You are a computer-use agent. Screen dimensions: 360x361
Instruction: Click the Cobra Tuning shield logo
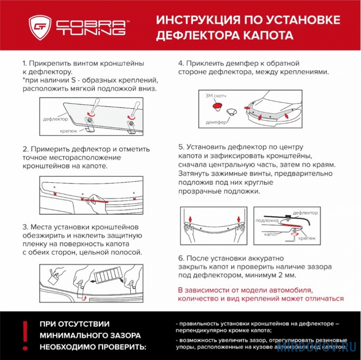[x=40, y=27]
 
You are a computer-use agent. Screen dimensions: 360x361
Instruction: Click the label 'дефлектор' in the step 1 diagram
[x=55, y=119]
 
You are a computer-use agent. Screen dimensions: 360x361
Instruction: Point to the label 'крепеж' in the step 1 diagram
[x=68, y=131]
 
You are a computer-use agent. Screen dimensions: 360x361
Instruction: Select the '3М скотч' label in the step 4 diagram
[x=215, y=96]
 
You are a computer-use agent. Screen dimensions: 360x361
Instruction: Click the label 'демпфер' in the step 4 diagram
[x=216, y=122]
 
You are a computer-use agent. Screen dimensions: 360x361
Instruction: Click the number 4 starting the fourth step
[x=181, y=64]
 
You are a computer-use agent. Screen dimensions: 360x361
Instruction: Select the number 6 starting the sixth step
[x=181, y=258]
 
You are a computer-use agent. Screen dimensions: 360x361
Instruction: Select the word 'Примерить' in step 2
[x=50, y=149]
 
